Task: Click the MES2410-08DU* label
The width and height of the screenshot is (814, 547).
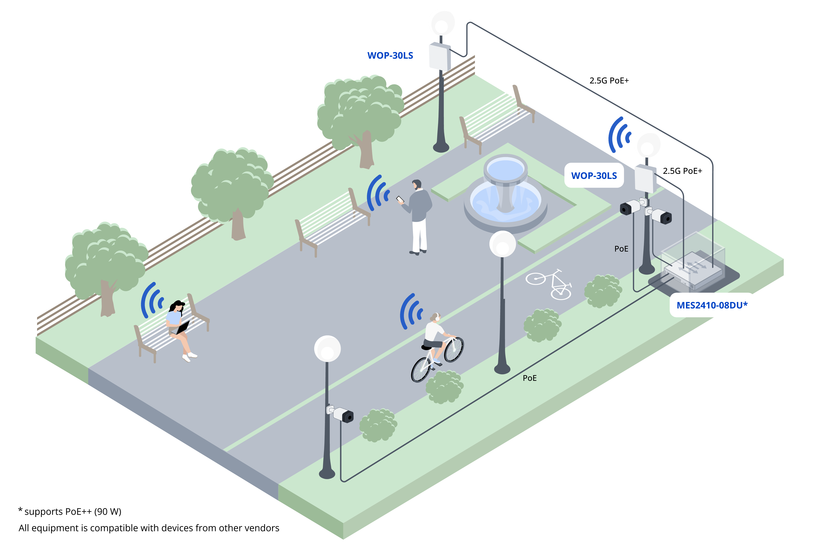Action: coord(712,305)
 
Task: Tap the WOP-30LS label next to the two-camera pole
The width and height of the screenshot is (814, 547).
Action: coord(594,175)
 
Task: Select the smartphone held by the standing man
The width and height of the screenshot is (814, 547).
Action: coord(400,199)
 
